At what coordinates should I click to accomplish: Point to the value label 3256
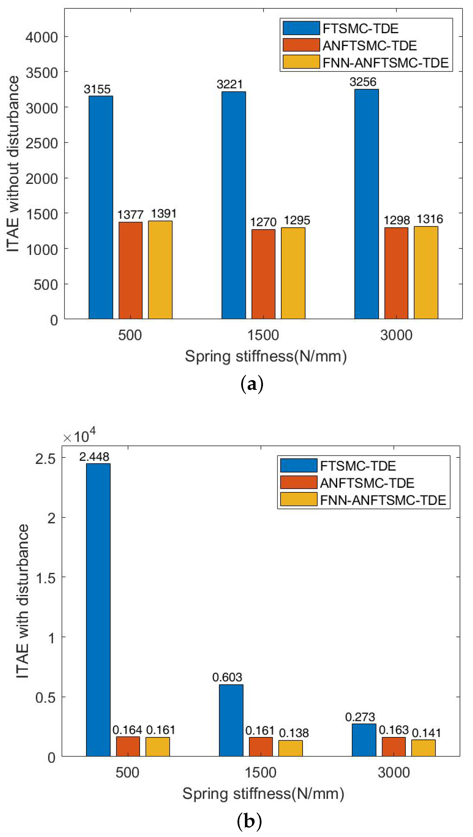pyautogui.click(x=363, y=82)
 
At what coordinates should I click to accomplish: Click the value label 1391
pyautogui.click(x=164, y=214)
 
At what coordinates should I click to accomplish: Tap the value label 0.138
pyautogui.click(x=294, y=733)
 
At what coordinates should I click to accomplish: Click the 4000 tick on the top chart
pyautogui.click(x=42, y=37)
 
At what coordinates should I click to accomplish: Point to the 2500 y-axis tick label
pyautogui.click(x=42, y=143)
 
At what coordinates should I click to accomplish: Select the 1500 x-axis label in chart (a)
pyautogui.click(x=263, y=335)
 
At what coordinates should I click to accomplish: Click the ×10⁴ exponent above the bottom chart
pyautogui.click(x=80, y=436)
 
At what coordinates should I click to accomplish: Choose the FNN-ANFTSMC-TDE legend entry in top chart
pyautogui.click(x=385, y=62)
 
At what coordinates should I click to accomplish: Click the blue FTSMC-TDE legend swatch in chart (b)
pyautogui.click(x=299, y=465)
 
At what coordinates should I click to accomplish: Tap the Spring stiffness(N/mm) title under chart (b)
pyautogui.click(x=263, y=793)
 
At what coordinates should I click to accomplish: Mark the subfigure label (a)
pyautogui.click(x=252, y=384)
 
